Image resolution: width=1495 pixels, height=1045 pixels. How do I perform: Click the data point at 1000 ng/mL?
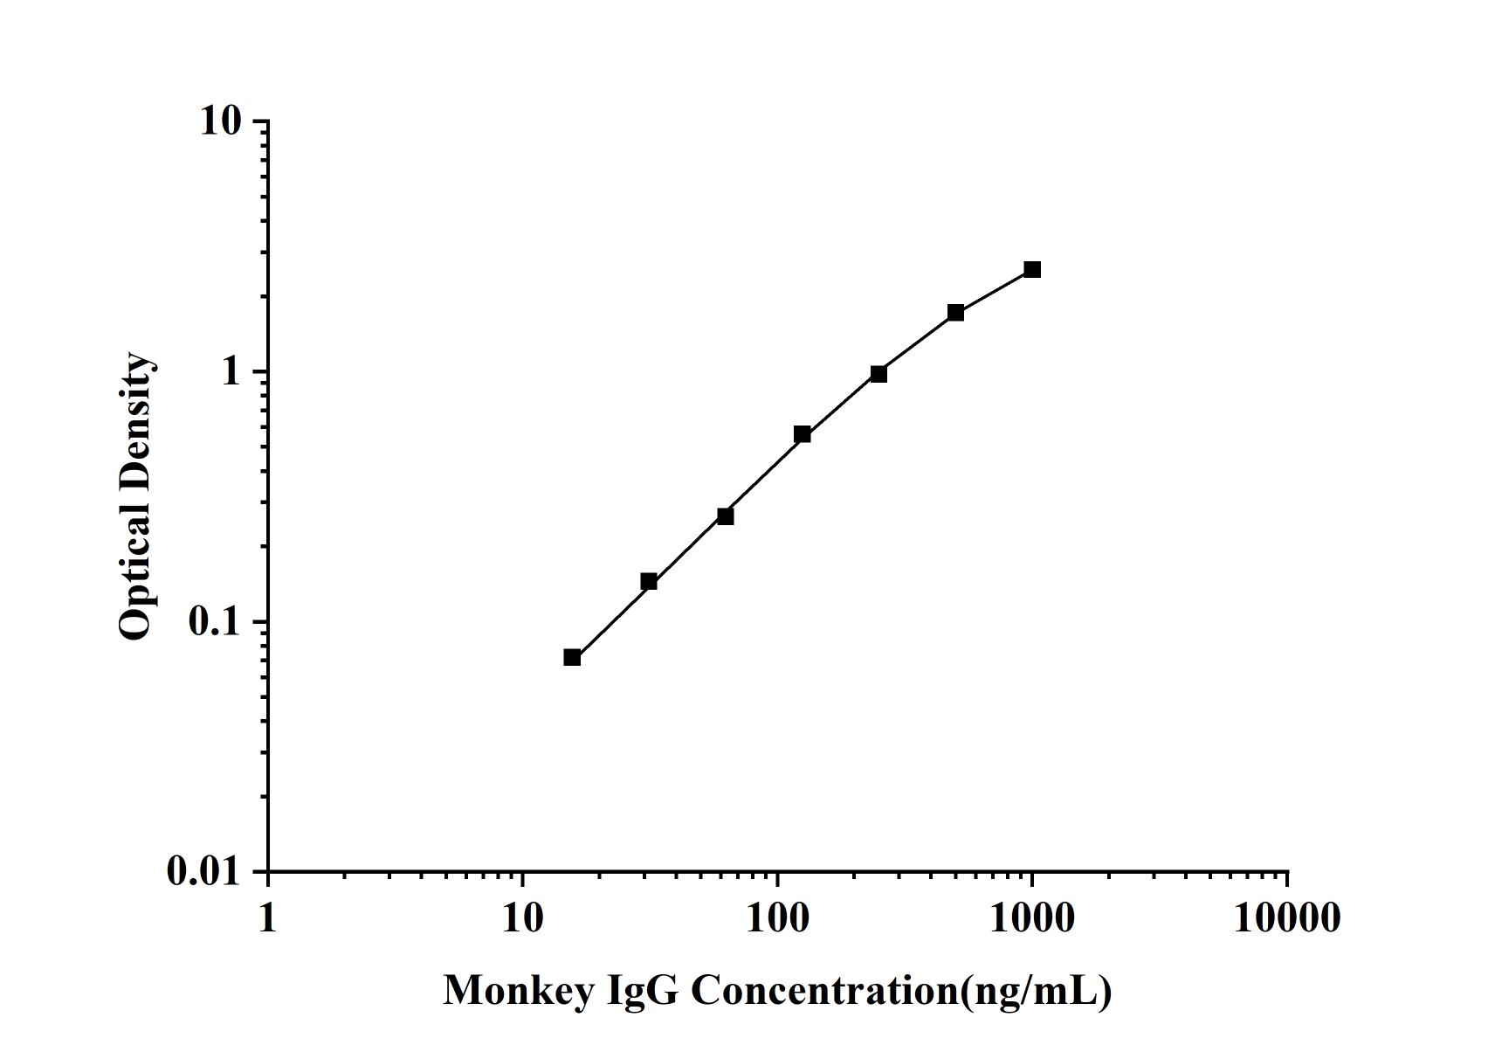1032,269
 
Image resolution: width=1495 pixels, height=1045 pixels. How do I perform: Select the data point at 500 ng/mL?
955,312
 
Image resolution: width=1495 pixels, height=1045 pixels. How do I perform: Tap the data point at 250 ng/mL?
878,374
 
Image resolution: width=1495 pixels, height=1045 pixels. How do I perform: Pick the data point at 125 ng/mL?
803,434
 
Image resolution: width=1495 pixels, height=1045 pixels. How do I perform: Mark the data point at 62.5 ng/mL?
725,516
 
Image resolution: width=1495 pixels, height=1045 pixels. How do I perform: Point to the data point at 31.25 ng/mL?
649,581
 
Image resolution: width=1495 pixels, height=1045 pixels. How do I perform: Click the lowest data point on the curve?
572,657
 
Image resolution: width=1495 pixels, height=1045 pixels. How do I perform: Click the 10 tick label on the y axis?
220,121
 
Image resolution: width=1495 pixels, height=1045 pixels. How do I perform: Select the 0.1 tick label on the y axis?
214,621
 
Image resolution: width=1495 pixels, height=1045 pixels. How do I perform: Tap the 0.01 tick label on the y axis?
203,871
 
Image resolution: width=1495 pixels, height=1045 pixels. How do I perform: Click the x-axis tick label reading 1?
267,918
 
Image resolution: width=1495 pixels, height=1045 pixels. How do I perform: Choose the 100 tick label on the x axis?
777,918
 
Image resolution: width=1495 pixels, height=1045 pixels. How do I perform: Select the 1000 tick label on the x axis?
1032,918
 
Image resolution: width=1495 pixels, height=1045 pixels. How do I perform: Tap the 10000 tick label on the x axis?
1286,918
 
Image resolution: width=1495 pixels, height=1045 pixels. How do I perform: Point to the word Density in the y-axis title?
136,410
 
